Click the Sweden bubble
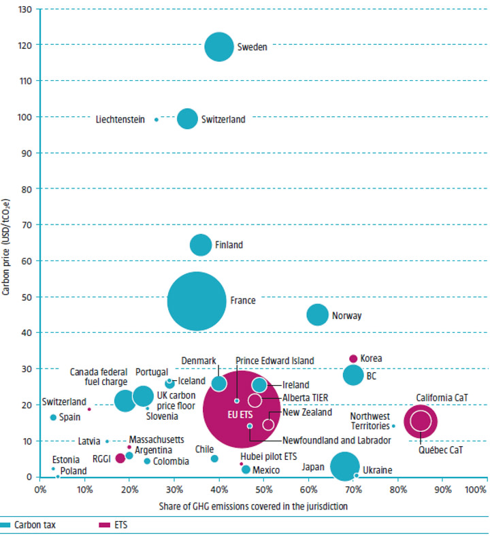tap(219, 47)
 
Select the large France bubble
tap(197, 301)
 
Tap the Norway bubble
tap(317, 314)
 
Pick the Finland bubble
tap(201, 245)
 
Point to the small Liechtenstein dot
tap(156, 120)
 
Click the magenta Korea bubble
tap(353, 358)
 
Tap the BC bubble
tap(353, 375)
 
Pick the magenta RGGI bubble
tap(120, 458)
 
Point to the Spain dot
tap(53, 417)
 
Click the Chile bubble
tap(214, 458)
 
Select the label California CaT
tap(440, 398)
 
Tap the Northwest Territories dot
tap(393, 426)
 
